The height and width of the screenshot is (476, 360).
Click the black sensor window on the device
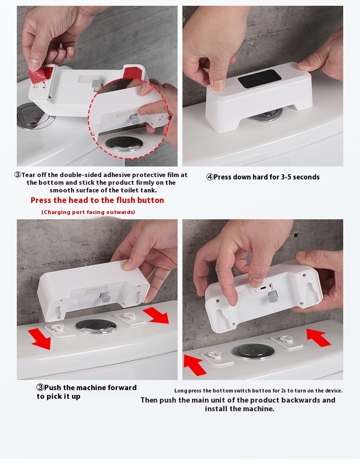pos(259,79)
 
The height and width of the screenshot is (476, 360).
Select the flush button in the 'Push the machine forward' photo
pos(96,326)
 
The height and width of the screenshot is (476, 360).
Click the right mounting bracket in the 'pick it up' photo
pos(130,318)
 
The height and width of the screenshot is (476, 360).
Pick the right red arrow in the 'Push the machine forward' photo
pos(156,315)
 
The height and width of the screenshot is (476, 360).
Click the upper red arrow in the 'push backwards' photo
pos(318,337)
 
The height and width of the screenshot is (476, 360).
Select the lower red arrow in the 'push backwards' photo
pos(196,365)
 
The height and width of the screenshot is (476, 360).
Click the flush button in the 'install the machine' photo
pos(253,352)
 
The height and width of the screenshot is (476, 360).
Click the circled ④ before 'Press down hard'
pos(210,177)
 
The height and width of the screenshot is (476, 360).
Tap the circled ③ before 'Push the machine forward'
pos(40,388)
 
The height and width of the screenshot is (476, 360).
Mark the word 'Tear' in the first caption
pos(28,175)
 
